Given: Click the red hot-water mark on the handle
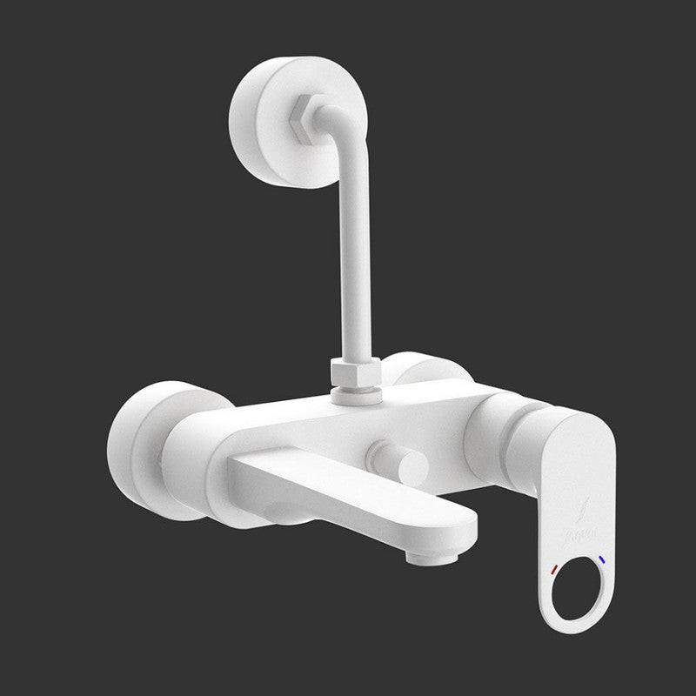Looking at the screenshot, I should pos(554,571).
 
